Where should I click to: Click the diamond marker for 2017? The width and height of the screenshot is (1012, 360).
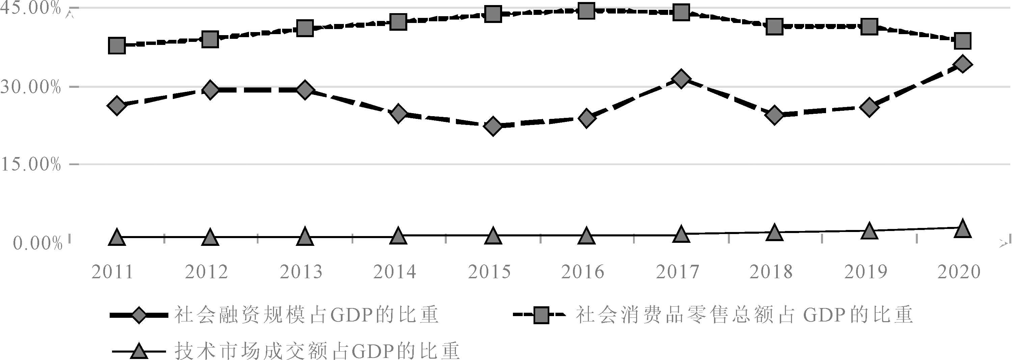680,79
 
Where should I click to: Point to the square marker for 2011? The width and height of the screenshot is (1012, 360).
117,46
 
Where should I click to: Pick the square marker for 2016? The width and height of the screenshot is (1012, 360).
586,10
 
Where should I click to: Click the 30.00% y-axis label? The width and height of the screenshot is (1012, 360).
31,87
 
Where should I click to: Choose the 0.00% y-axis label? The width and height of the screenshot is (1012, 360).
38,243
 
